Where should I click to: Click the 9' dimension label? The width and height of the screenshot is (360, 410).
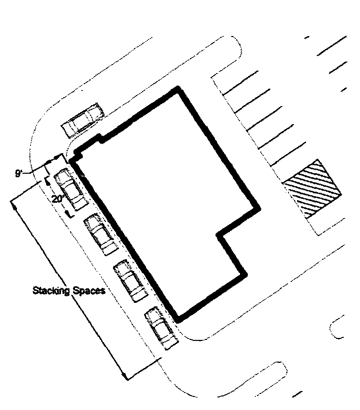point(19,173)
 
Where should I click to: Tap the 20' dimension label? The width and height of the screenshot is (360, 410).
point(57,199)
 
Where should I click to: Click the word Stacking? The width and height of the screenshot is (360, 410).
point(51,290)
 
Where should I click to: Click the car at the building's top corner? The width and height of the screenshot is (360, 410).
point(82,121)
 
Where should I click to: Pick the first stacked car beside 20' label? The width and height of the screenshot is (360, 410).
point(70,190)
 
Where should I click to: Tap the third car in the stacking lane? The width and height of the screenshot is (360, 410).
point(130,281)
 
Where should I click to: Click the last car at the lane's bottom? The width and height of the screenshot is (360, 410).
point(161,328)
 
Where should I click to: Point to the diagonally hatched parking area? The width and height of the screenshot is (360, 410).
point(312,189)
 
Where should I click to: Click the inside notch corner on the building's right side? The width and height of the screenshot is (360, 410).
point(217,234)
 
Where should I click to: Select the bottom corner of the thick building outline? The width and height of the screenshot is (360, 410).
point(177,321)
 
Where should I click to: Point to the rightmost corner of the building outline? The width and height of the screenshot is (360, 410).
point(259,209)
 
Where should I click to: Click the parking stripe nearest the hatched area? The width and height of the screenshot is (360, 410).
point(288,154)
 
